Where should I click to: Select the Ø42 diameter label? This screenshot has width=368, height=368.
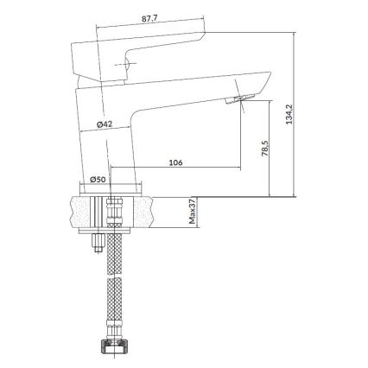click(104, 124)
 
